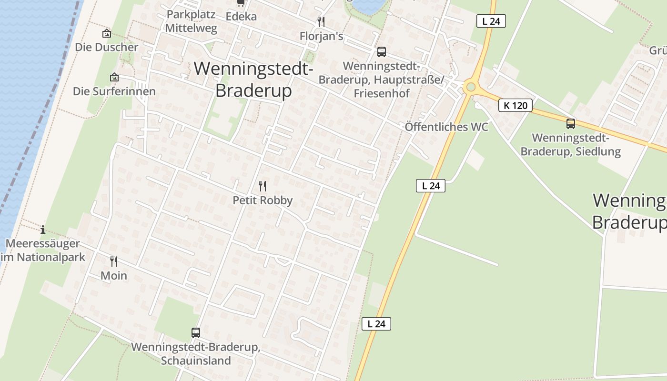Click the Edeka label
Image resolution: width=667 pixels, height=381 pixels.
pyautogui.click(x=241, y=17)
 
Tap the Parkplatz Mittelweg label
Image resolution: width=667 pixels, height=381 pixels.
pyautogui.click(x=191, y=21)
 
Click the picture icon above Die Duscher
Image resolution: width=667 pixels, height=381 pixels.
pyautogui.click(x=107, y=33)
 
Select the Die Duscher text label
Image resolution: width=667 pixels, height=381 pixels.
pyautogui.click(x=106, y=47)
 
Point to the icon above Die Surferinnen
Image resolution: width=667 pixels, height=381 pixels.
pyautogui.click(x=114, y=77)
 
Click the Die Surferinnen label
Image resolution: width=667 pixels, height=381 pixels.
pyautogui.click(x=114, y=91)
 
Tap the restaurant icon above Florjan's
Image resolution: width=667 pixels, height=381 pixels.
pyautogui.click(x=321, y=22)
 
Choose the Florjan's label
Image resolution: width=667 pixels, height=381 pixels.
pyautogui.click(x=321, y=36)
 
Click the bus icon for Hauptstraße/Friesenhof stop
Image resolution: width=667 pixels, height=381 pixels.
pyautogui.click(x=381, y=52)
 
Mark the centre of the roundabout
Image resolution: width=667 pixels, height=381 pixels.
pyautogui.click(x=471, y=87)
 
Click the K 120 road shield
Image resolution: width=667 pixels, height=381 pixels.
pyautogui.click(x=515, y=105)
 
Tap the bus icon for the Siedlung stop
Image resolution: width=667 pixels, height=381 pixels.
pyautogui.click(x=571, y=124)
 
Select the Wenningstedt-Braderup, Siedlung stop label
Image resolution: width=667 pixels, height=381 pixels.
pyautogui.click(x=571, y=145)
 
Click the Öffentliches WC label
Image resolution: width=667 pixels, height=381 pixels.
pyautogui.click(x=446, y=127)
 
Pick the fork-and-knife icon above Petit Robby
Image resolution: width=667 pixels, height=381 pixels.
pyautogui.click(x=263, y=186)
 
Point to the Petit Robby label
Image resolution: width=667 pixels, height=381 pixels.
pyautogui.click(x=263, y=201)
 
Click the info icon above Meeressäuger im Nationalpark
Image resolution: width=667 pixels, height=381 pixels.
pyautogui.click(x=43, y=230)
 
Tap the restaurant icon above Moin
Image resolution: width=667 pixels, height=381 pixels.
pyautogui.click(x=114, y=261)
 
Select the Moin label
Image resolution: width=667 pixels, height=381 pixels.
pyautogui.click(x=114, y=275)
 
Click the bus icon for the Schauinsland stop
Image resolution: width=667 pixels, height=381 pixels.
pyautogui.click(x=195, y=332)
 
